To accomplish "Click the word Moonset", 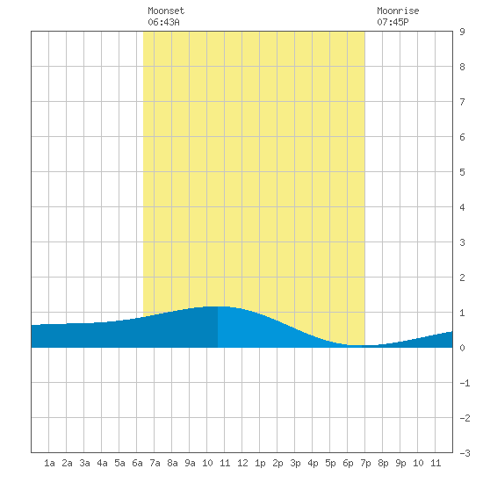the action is [x=166, y=11].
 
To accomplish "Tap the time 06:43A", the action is [x=163, y=22].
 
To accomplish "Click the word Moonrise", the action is [x=398, y=11].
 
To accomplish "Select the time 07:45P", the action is [x=393, y=22].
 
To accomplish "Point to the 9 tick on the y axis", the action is [x=462, y=32].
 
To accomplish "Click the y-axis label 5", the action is [x=462, y=172].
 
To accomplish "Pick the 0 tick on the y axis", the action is [x=462, y=348].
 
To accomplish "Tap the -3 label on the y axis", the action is [x=465, y=453].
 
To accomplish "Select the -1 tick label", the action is [x=465, y=383].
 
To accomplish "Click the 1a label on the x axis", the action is [x=49, y=463].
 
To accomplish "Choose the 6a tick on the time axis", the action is [x=137, y=463].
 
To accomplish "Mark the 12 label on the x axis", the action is [x=242, y=463].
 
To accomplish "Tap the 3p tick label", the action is [x=295, y=463].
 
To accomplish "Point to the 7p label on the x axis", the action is [x=365, y=463].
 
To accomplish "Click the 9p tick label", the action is [x=400, y=463].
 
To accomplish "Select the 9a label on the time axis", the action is [x=190, y=463].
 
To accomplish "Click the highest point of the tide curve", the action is [x=218, y=306].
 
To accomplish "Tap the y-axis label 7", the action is [x=462, y=102].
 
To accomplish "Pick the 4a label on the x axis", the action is [x=102, y=463].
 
